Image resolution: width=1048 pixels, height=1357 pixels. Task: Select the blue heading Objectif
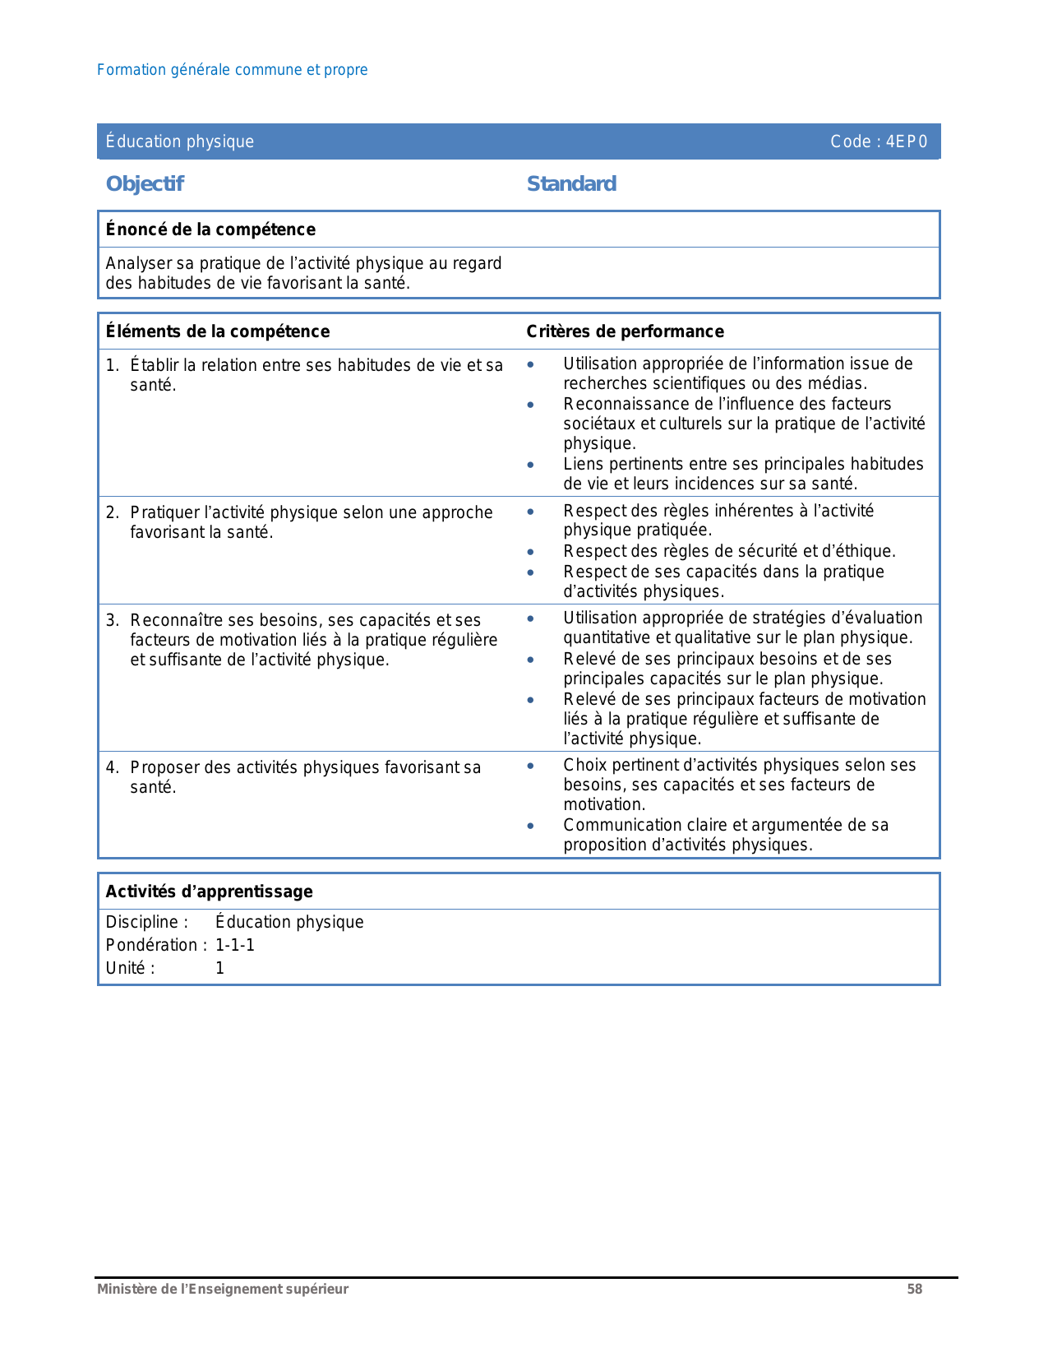pos(145,183)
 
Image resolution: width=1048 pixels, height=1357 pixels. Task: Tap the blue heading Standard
pos(571,183)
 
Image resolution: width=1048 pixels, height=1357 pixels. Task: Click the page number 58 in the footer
pos(914,1290)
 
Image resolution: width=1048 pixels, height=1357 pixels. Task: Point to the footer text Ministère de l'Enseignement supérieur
pos(223,1290)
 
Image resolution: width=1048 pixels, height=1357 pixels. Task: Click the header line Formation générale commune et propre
pos(232,70)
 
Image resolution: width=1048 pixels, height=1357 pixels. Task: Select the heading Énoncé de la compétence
pos(210,229)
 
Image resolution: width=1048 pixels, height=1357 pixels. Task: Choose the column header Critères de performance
pos(625,331)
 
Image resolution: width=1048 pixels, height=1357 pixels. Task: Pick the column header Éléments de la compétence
pos(218,331)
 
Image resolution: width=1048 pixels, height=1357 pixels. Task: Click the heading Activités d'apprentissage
pos(209,892)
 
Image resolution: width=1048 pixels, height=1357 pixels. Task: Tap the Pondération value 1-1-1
pos(235,945)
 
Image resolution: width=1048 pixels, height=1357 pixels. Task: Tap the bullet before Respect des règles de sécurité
pos(531,552)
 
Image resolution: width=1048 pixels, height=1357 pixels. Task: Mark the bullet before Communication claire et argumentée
pos(531,826)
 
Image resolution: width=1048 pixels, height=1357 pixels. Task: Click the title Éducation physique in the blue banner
pos(180,141)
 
